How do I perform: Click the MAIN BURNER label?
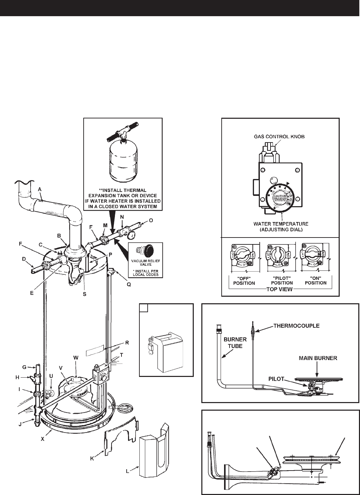click(317, 358)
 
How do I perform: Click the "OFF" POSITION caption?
click(244, 280)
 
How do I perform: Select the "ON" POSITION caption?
click(315, 280)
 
